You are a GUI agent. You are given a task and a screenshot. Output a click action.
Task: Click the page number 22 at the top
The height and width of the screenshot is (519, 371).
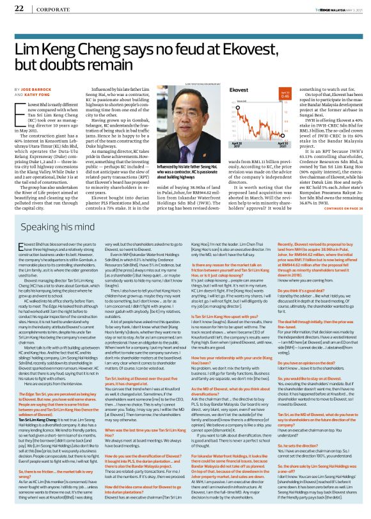tap(19, 8)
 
